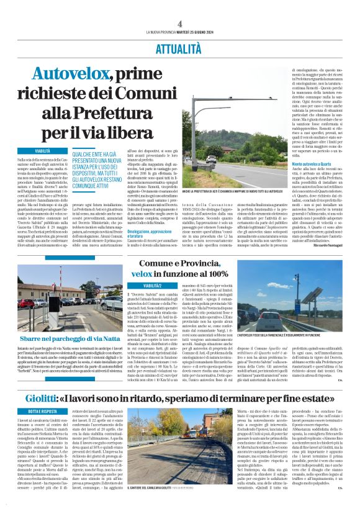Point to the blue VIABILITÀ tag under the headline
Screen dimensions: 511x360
pos(42,151)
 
